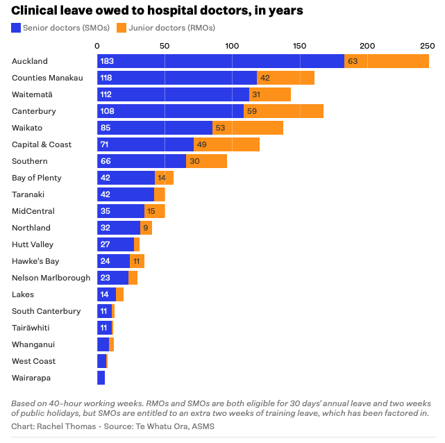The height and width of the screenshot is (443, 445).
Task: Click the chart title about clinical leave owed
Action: point(157,11)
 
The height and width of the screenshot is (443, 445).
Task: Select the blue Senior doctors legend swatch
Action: point(16,28)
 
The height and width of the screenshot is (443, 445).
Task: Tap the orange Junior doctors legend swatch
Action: point(121,28)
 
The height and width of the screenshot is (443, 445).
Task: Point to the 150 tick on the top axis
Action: point(299,45)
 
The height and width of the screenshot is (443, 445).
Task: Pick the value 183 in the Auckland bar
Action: point(107,61)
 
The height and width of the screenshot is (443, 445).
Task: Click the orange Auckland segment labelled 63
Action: point(386,61)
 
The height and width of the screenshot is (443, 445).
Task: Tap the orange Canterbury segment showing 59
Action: point(283,111)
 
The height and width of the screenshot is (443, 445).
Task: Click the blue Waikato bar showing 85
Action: point(154,128)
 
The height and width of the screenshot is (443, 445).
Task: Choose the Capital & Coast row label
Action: point(42,144)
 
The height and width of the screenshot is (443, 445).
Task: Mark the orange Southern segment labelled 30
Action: point(206,161)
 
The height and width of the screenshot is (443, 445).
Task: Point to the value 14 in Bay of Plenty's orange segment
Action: point(161,178)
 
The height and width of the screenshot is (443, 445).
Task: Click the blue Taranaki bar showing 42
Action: point(125,194)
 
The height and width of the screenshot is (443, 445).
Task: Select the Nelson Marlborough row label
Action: point(51,278)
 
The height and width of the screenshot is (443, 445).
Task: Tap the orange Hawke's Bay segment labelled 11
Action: point(137,261)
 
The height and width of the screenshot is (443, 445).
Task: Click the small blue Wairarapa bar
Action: point(101,378)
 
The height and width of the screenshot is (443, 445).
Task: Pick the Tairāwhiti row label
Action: point(31,328)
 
